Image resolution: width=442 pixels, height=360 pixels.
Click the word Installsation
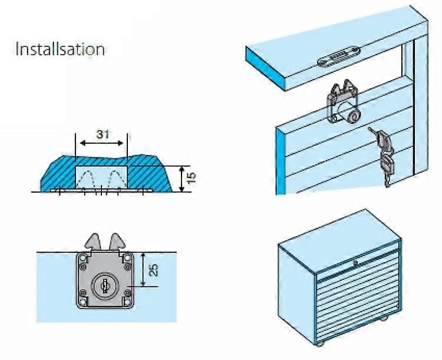[60, 48]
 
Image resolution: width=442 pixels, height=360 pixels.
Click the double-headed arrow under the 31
[102, 144]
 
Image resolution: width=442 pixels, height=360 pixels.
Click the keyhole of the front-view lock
[104, 285]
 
